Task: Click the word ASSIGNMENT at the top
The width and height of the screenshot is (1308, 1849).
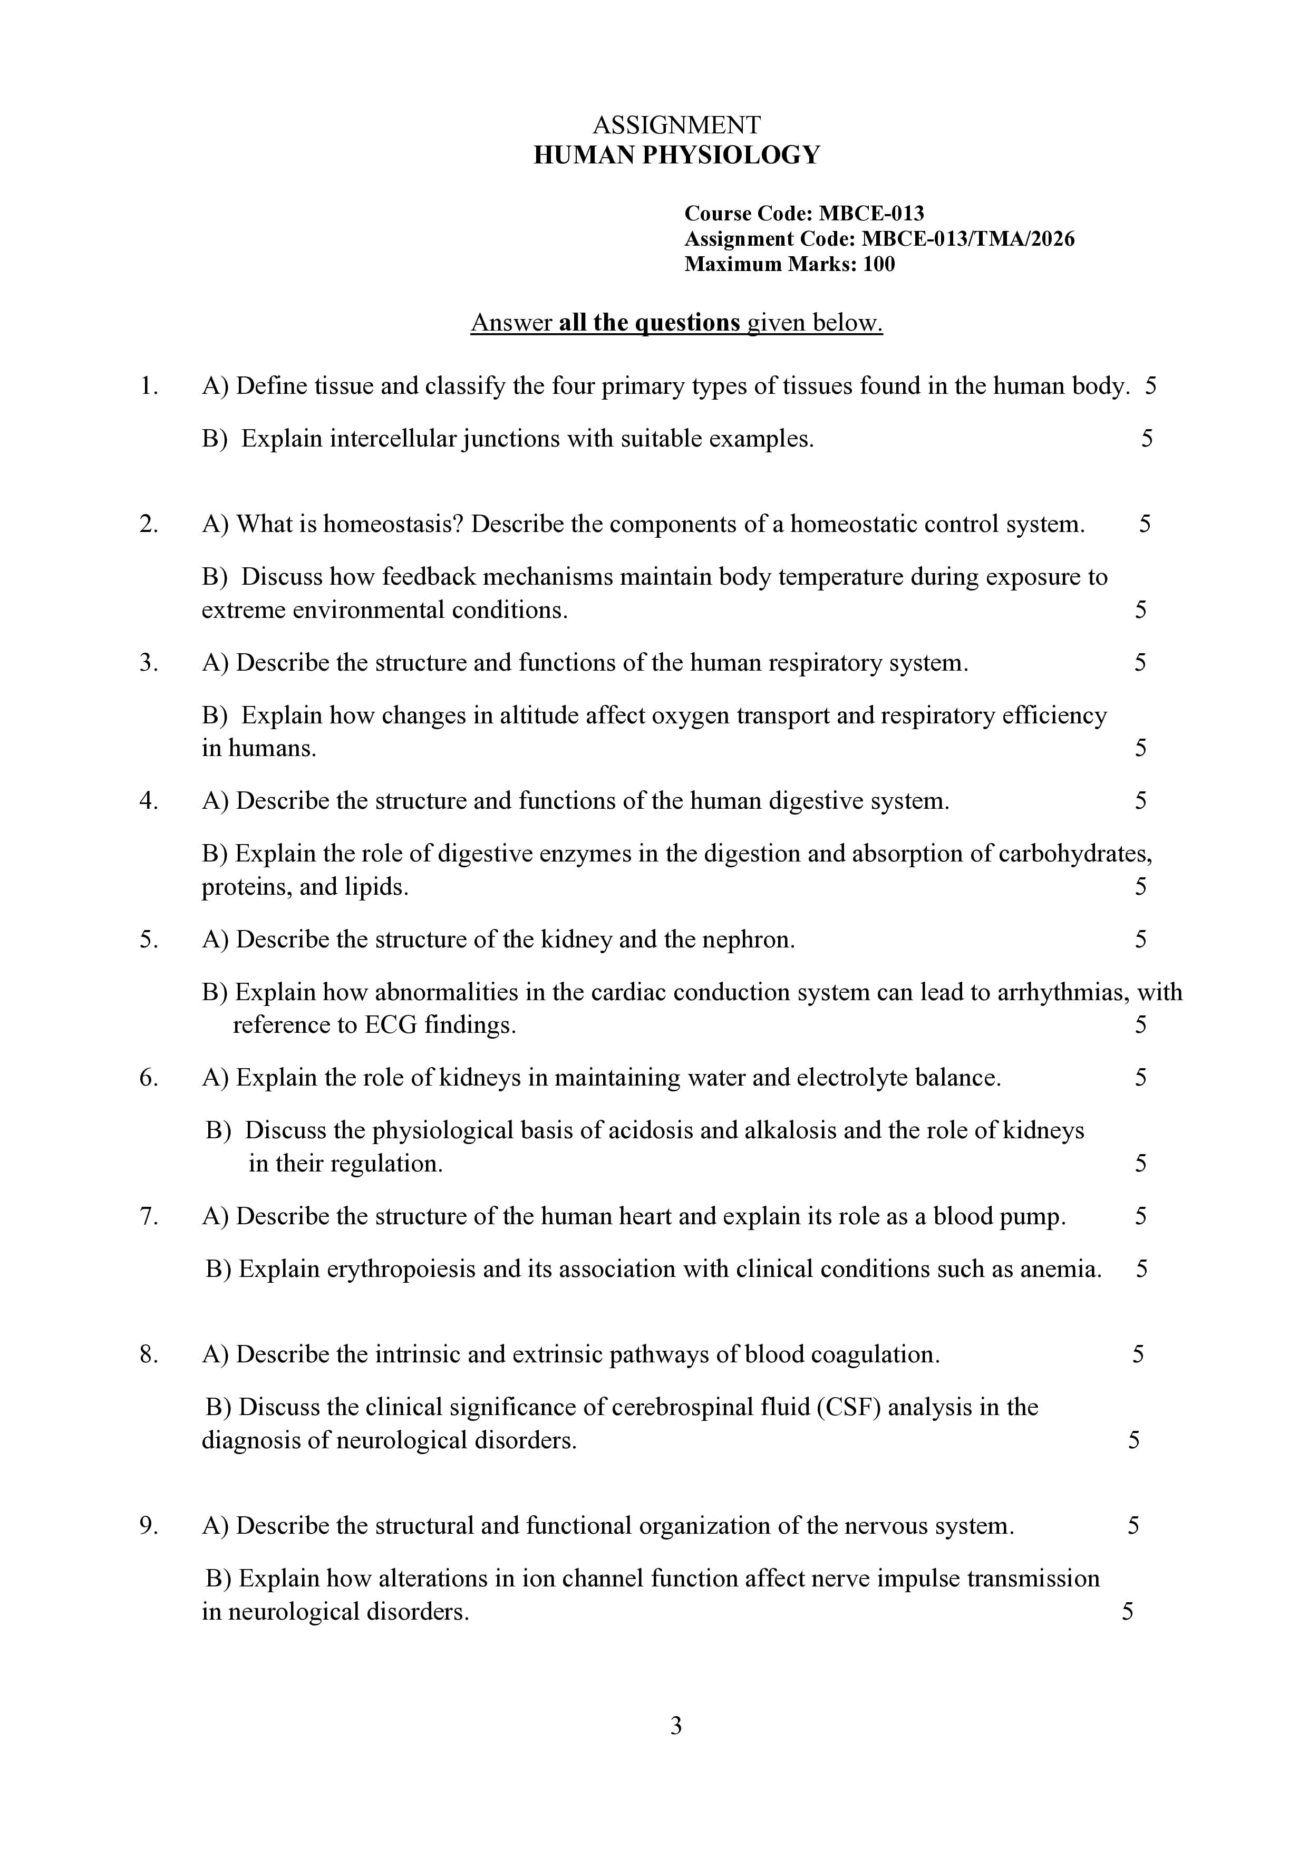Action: (x=676, y=125)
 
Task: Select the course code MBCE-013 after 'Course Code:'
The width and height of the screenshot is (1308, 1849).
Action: (x=871, y=214)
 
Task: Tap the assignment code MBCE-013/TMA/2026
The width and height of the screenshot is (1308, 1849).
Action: (x=967, y=239)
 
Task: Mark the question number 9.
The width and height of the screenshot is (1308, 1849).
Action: (x=148, y=1525)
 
